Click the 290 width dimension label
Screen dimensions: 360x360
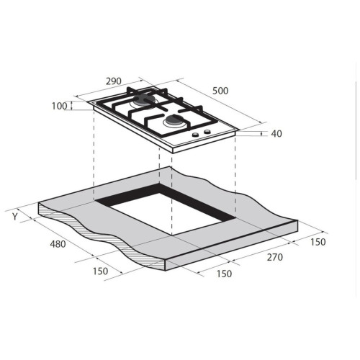point(114,81)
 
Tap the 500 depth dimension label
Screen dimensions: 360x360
point(220,91)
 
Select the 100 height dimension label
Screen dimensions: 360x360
point(59,106)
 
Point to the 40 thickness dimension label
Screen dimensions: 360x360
point(276,134)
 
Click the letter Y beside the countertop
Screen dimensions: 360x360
point(15,217)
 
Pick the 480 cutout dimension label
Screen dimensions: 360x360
point(58,244)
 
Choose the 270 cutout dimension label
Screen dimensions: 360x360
point(275,257)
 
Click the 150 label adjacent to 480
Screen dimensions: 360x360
point(100,271)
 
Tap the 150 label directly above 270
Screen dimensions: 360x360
point(318,242)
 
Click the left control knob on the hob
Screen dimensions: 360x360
point(196,135)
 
